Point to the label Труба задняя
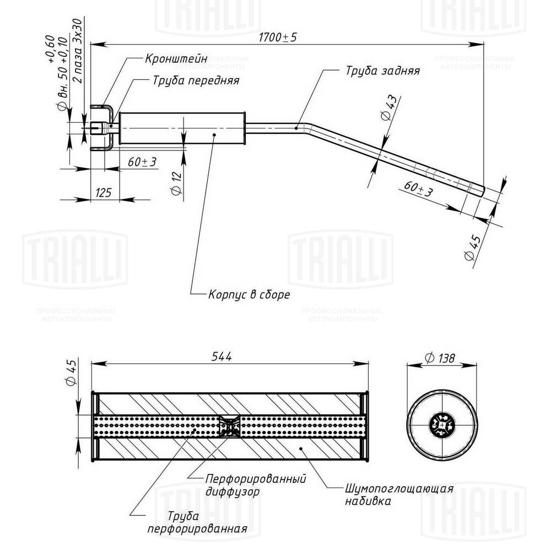click(x=383, y=71)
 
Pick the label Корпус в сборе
click(x=249, y=294)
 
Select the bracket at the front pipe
click(x=105, y=127)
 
